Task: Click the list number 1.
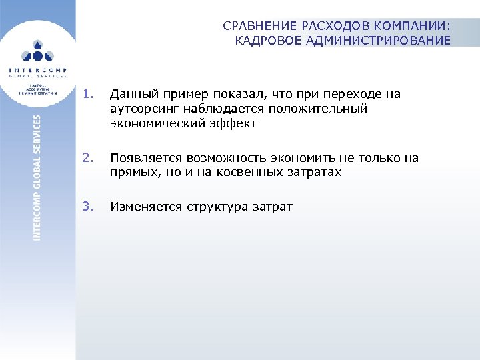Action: [89, 94]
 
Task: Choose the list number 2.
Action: [89, 158]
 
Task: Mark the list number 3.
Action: [89, 207]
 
